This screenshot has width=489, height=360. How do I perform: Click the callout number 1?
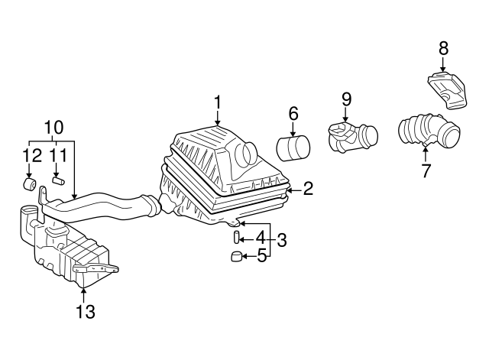click(x=217, y=102)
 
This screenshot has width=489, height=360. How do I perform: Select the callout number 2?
click(x=307, y=189)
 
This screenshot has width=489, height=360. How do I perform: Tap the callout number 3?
click(x=282, y=240)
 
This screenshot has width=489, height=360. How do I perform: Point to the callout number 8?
click(x=443, y=48)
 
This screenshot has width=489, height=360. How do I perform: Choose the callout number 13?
click(x=85, y=311)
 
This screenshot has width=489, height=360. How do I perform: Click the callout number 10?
click(x=54, y=127)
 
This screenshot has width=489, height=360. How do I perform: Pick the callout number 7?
click(x=426, y=170)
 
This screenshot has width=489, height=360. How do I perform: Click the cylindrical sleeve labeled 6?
click(x=293, y=148)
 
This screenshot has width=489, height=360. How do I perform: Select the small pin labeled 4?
click(x=236, y=238)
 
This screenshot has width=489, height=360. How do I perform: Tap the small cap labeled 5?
click(x=236, y=256)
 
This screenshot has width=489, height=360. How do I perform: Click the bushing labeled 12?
click(x=30, y=183)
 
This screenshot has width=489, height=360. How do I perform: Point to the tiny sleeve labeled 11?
click(x=58, y=181)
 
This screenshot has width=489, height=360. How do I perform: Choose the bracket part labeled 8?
click(x=447, y=90)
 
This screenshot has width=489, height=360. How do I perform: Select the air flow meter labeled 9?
click(x=353, y=138)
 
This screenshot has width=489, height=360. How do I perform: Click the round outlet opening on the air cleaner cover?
click(x=248, y=153)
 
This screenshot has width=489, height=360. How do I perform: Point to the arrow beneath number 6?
click(x=293, y=129)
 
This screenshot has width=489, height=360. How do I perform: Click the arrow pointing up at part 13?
click(x=83, y=295)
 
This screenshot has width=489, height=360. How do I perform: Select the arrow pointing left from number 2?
click(x=295, y=190)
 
